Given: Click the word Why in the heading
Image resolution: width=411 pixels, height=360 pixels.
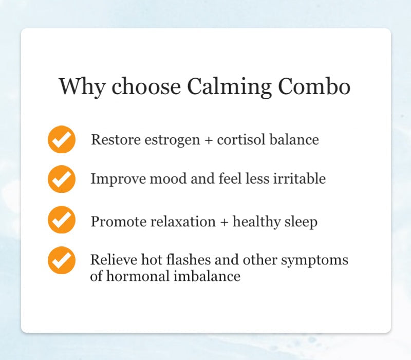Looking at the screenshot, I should (82, 86).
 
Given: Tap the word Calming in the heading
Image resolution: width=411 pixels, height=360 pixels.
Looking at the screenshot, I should (229, 86).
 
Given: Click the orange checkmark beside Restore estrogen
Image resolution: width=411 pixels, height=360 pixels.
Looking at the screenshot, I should (62, 139).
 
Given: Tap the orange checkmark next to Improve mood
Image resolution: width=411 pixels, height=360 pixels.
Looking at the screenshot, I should (62, 179).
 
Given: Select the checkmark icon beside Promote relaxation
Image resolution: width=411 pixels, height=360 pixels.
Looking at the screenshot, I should (62, 220).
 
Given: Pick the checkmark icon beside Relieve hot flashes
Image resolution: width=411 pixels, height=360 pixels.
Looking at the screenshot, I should (62, 260).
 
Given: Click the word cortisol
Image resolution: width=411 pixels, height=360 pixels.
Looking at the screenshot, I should (240, 139).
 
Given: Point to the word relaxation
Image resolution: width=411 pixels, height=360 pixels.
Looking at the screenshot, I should (183, 222).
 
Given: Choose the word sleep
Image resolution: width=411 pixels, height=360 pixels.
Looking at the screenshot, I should (300, 222).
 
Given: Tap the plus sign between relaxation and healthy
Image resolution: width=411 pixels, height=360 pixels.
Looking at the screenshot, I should (224, 222).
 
